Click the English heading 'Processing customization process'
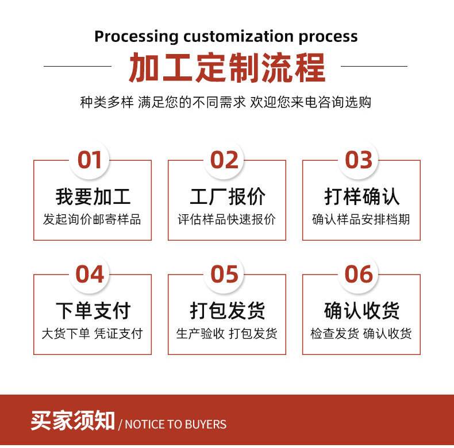(x=226, y=36)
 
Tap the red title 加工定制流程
(x=226, y=68)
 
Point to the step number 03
(x=359, y=160)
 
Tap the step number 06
(x=359, y=275)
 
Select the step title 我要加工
(x=93, y=196)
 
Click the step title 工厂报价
(x=228, y=196)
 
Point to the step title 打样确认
(x=361, y=196)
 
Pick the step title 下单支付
(x=93, y=311)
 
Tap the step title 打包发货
(x=228, y=311)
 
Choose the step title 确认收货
(x=361, y=311)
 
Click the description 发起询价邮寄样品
(x=92, y=219)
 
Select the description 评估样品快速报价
(x=226, y=219)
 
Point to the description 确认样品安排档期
(x=361, y=219)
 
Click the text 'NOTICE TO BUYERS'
(x=176, y=424)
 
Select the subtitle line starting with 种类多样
(x=226, y=102)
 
